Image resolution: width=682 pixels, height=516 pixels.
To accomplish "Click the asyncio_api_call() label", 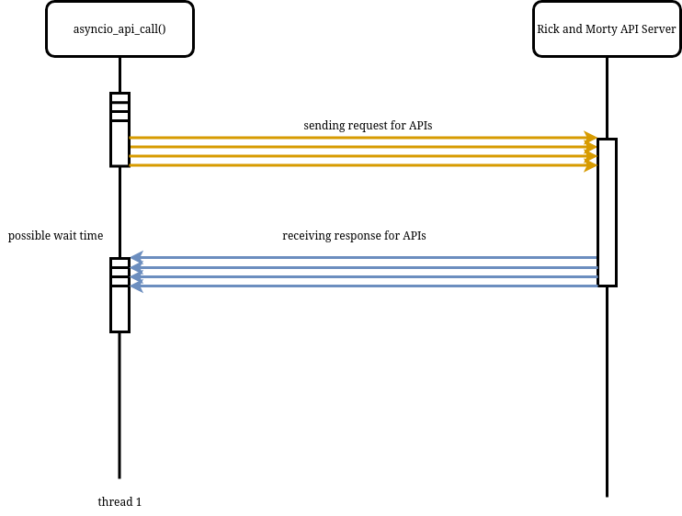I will (x=119, y=29).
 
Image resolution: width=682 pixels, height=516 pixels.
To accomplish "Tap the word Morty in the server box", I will (x=603, y=29).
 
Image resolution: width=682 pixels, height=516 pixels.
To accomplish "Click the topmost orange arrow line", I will (x=358, y=138).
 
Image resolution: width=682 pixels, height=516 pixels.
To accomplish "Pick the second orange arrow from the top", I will (x=358, y=147).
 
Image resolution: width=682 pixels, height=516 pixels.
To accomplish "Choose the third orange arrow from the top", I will (x=358, y=156).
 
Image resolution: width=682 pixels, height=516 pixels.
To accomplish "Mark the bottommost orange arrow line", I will (x=358, y=165).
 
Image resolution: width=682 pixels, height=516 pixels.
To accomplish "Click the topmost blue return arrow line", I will (x=368, y=257).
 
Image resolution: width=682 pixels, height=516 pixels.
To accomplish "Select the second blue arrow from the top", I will (x=368, y=267).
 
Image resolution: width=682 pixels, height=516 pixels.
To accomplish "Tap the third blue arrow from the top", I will (x=368, y=276).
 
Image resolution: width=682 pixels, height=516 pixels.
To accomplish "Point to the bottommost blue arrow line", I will (x=368, y=286).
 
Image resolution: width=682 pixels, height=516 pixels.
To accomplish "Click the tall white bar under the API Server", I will (x=607, y=212).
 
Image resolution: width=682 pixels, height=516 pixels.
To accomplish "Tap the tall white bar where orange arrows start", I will (x=119, y=143).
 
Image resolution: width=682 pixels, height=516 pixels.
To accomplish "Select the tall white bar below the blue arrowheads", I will (x=119, y=308).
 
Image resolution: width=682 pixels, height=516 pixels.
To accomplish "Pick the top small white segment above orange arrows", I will (x=119, y=97).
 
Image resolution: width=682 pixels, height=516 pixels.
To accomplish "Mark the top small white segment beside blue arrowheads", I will (x=119, y=263).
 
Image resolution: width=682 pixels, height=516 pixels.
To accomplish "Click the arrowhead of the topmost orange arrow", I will (x=591, y=138).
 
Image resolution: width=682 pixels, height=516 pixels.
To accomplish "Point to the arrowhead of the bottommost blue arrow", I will (x=136, y=286).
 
